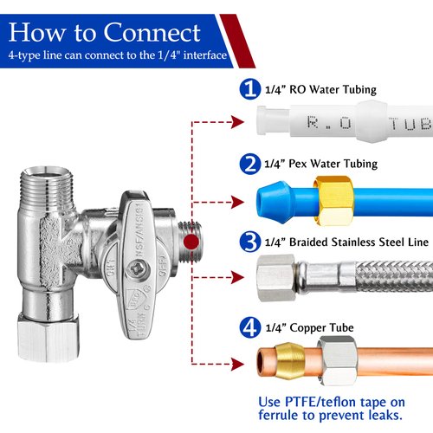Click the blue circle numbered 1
tap(250, 89)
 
